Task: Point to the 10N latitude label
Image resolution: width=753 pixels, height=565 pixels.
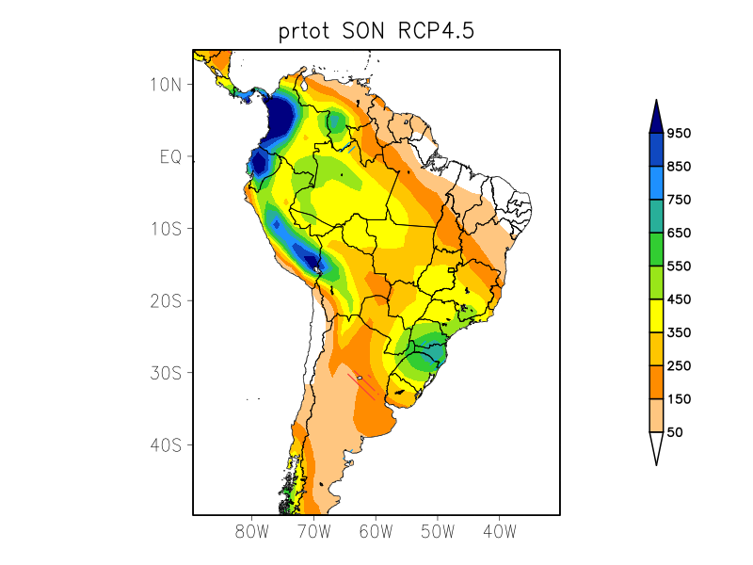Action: [x=165, y=85]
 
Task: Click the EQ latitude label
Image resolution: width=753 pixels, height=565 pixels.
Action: [x=169, y=156]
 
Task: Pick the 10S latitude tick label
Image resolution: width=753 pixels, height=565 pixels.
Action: [x=165, y=229]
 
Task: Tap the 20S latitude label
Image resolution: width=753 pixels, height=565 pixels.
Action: [x=165, y=300]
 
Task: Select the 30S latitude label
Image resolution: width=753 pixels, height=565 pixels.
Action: [x=165, y=373]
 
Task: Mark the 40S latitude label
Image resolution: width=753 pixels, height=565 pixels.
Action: [x=165, y=444]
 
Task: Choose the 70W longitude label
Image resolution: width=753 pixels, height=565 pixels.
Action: [x=313, y=531]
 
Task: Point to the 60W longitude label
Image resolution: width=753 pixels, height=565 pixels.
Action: [x=376, y=531]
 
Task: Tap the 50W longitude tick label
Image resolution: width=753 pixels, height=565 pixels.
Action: [x=438, y=531]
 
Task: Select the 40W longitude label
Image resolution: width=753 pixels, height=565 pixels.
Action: [x=499, y=531]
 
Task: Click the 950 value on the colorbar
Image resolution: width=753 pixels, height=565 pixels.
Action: [x=679, y=133]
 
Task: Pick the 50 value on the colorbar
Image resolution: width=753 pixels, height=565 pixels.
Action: [x=675, y=431]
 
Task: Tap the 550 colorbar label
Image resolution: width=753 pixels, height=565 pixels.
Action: [x=679, y=266]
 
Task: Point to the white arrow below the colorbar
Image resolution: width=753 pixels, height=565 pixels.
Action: [x=656, y=447]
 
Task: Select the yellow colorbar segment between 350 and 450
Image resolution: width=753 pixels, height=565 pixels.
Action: [x=656, y=315]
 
